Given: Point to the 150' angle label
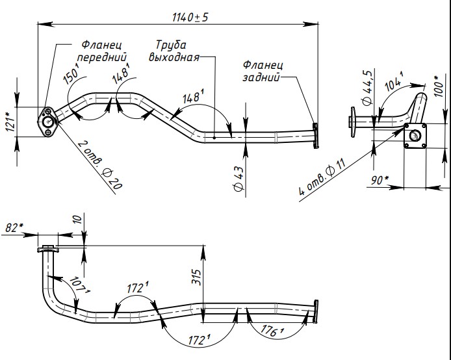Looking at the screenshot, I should coord(71,77).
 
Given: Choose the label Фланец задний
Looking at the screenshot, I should coord(263,71).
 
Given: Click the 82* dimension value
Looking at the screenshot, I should coord(13,228).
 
